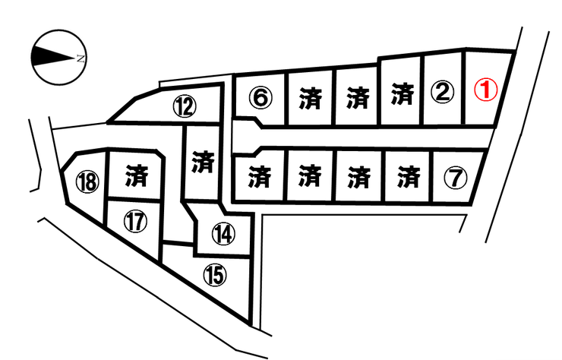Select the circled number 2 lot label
tap(442, 91)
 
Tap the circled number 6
tap(260, 97)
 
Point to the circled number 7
tap(455, 178)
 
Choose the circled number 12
tap(185, 107)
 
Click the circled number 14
tap(223, 233)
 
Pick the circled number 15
tap(215, 275)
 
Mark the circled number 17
tap(135, 221)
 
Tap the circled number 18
tap(87, 182)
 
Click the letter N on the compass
tap(81, 58)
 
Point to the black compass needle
tap(53, 57)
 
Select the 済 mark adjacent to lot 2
tap(403, 93)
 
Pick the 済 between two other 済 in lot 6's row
tap(358, 96)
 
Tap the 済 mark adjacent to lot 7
tap(409, 176)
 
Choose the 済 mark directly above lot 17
tap(137, 175)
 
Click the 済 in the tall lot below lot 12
tap(203, 161)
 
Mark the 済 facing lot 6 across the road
tap(259, 176)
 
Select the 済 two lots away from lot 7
tap(358, 177)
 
